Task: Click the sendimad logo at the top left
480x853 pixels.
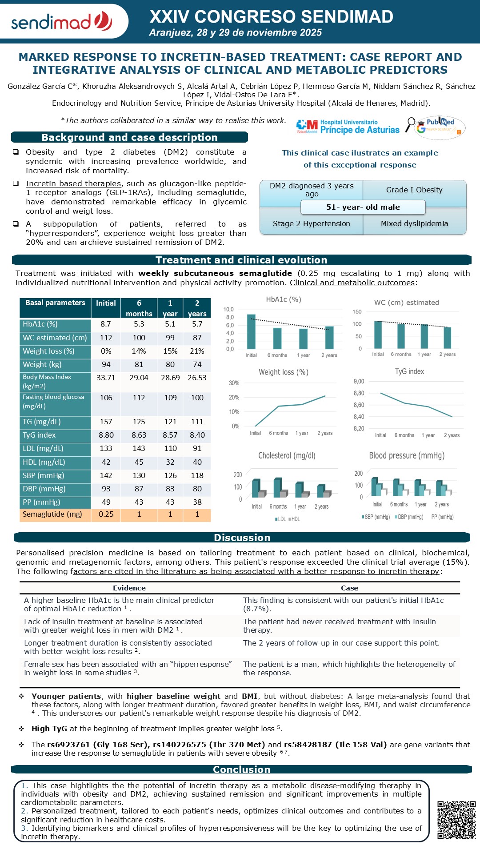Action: pos(61,21)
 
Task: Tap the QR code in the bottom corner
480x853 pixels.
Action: pos(456,820)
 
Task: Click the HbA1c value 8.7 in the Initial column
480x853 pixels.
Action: pos(106,324)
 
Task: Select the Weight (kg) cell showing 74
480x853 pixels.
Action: pos(197,364)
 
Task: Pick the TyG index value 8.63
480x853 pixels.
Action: pos(139,435)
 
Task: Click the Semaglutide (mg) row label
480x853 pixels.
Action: pos(52,514)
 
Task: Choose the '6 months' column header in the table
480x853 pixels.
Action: pos(139,308)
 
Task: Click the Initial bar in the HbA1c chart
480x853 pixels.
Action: pos(251,331)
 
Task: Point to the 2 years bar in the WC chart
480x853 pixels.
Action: pos(447,338)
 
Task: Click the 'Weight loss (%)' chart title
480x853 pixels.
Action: pos(284,372)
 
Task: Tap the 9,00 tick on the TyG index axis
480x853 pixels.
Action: pos(359,381)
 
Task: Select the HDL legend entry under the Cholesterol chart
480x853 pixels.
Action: pos(294,519)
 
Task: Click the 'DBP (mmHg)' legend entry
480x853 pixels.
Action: pos(408,517)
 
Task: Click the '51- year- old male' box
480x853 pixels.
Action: pos(363,207)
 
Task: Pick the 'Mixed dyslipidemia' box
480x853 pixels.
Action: pos(414,223)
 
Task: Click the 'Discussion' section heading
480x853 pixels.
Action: pos(242,538)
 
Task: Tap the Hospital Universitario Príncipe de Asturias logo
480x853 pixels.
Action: pos(348,126)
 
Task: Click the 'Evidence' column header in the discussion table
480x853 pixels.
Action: pos(129,588)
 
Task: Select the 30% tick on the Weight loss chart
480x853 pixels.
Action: pos(234,383)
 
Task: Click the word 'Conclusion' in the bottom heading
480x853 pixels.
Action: pos(241,769)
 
